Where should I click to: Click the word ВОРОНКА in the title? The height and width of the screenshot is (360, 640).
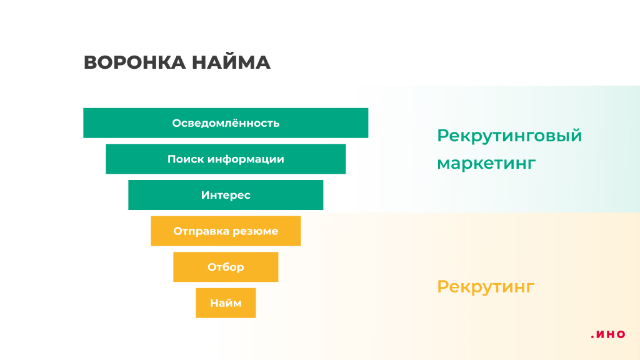[135, 62]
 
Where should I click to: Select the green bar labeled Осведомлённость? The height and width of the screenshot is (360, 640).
[226, 123]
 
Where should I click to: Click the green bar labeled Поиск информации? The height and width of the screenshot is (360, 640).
[226, 159]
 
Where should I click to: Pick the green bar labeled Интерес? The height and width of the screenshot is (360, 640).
[226, 195]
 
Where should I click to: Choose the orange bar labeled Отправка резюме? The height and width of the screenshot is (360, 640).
[226, 231]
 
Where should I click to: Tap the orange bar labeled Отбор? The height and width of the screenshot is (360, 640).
[226, 267]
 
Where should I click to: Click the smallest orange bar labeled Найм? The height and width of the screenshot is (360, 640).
[226, 303]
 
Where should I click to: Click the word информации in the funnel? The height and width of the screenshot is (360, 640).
[246, 159]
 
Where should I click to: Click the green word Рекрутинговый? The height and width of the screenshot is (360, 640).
[509, 136]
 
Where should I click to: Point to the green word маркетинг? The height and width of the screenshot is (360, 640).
[486, 164]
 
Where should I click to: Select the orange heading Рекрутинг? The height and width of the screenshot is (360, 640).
[486, 287]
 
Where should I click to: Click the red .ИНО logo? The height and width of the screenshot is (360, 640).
[607, 335]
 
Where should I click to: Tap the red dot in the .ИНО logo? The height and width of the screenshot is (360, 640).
[592, 337]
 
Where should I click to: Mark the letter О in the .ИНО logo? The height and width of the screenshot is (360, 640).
[621, 334]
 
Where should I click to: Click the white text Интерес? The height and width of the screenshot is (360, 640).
[226, 195]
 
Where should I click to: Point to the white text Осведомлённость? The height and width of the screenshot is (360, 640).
[226, 123]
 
